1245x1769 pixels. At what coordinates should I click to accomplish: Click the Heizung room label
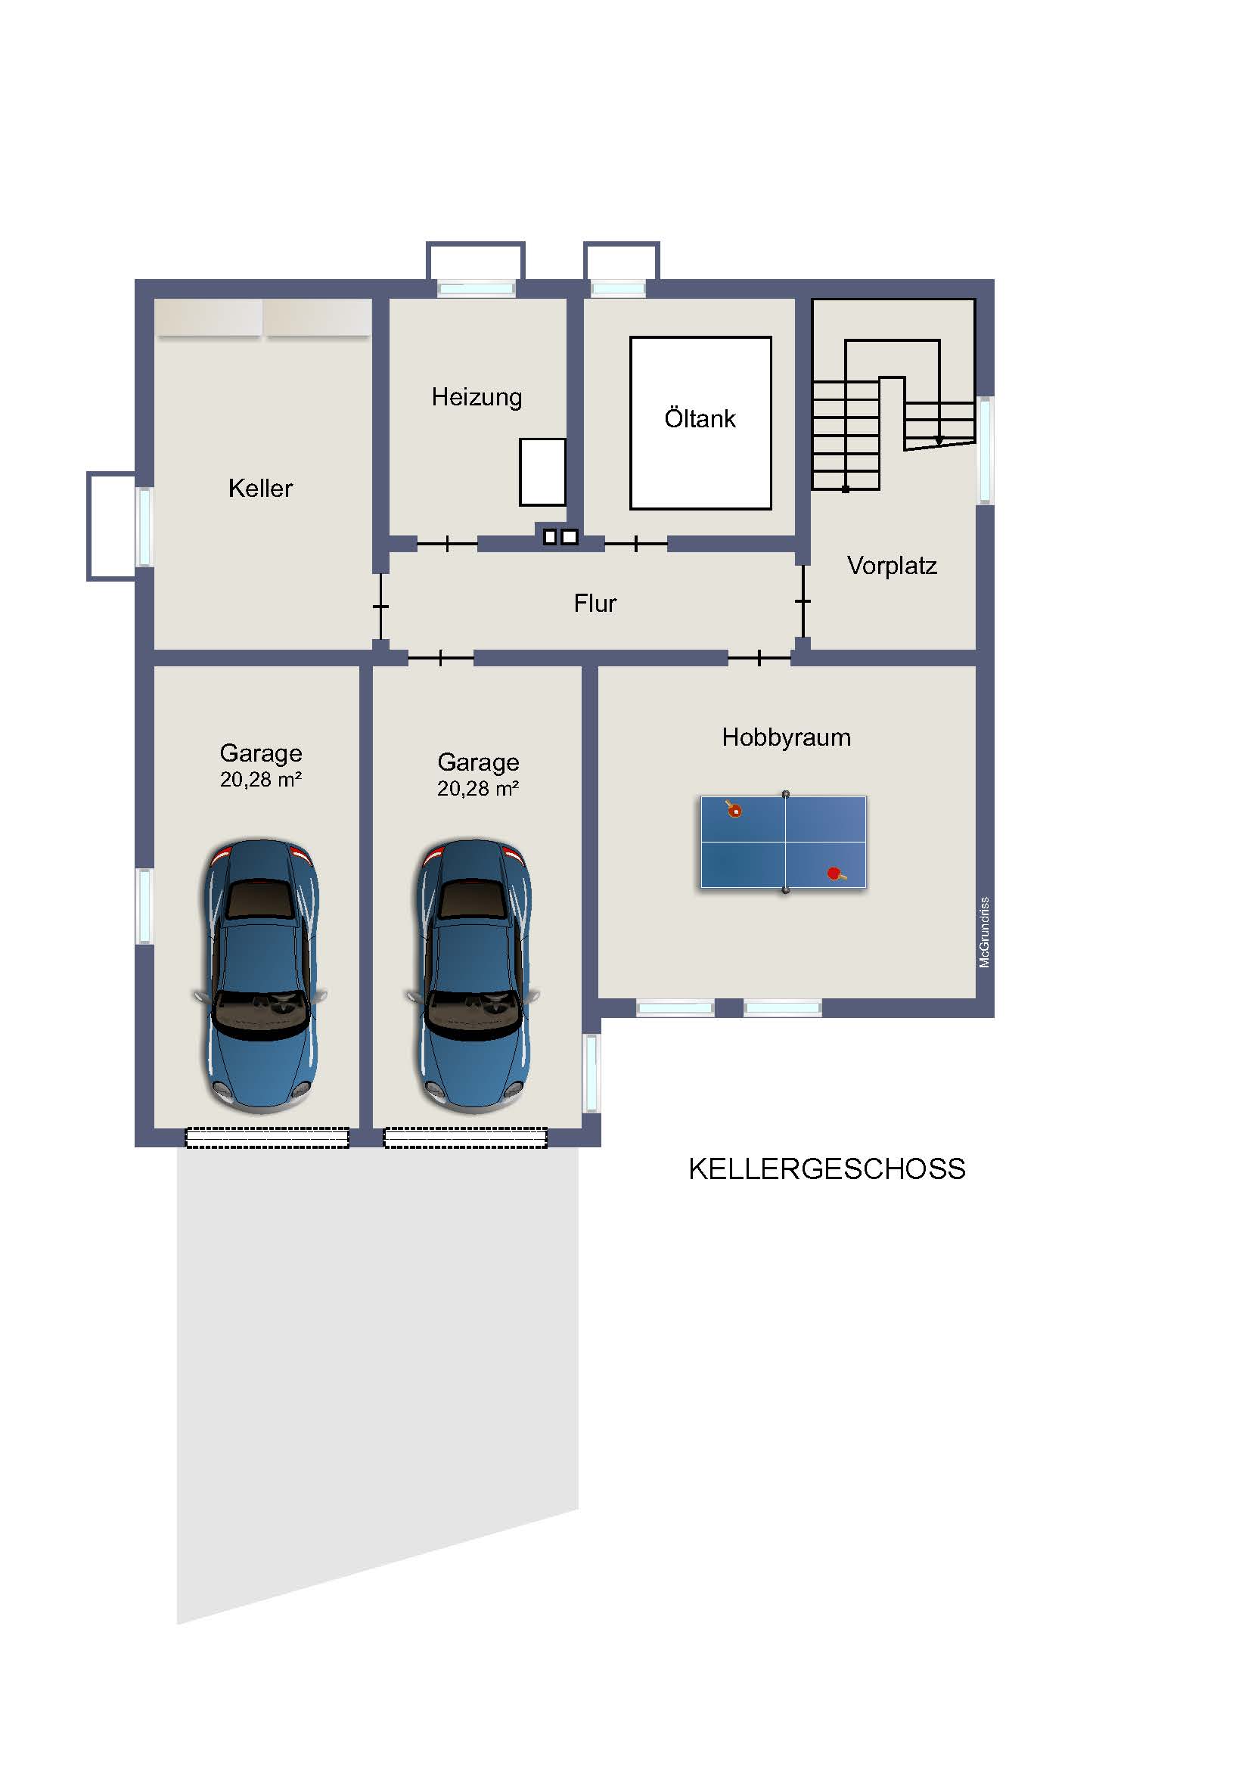click(x=477, y=398)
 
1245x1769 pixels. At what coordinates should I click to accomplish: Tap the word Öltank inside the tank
click(x=700, y=418)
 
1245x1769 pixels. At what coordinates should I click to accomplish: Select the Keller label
click(x=260, y=489)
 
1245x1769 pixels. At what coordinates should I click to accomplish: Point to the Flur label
click(x=595, y=604)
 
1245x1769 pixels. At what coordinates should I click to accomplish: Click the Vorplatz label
click(x=892, y=566)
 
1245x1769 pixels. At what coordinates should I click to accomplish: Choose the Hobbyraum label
click(x=787, y=738)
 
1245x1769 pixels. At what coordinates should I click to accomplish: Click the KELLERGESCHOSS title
click(x=827, y=1168)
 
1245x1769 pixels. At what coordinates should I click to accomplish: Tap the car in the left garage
click(x=260, y=976)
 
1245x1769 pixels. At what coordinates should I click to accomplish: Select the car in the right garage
click(x=473, y=976)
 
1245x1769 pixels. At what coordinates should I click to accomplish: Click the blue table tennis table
click(x=784, y=843)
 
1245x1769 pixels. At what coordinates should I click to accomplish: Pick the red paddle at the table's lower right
click(x=836, y=874)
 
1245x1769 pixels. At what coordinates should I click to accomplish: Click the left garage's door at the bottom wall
click(x=267, y=1137)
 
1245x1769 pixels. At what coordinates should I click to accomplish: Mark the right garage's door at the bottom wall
click(x=466, y=1137)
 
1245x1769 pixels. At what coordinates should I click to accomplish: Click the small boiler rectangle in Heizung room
click(x=542, y=472)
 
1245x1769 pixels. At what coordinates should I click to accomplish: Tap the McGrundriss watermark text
click(x=984, y=933)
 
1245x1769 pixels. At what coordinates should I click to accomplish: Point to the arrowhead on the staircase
click(x=939, y=441)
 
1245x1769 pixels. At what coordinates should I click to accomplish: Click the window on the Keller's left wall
click(x=144, y=527)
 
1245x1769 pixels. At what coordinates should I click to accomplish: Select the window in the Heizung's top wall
click(x=476, y=289)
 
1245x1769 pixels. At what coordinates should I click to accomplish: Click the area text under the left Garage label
click(x=260, y=780)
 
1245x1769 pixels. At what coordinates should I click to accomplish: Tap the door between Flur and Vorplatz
click(x=803, y=601)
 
